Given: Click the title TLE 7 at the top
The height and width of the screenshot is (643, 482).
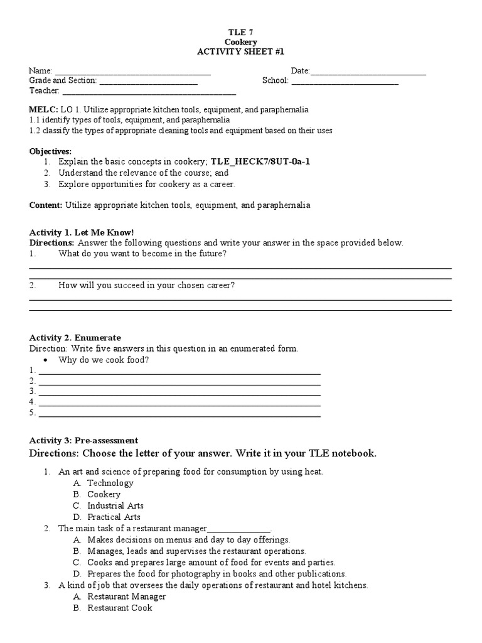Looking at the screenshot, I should (x=241, y=31).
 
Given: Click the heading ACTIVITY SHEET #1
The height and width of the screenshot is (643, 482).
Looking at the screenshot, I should (x=241, y=51).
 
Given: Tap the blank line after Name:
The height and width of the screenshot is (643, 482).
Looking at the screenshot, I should (x=132, y=72).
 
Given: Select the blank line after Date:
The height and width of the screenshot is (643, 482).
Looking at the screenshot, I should (x=368, y=72).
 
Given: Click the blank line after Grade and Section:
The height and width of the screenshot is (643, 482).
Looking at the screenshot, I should (x=148, y=81).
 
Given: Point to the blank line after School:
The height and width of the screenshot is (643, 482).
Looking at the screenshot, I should (x=345, y=81).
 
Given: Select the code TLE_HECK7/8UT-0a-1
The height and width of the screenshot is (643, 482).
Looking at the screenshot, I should (x=260, y=162).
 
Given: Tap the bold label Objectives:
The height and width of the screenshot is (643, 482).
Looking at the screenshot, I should (x=51, y=151).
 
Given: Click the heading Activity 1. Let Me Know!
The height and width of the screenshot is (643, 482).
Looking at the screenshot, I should (x=82, y=232).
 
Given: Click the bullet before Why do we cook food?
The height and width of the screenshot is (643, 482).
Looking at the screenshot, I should (x=46, y=360).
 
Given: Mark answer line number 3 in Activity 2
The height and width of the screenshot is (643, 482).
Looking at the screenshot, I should (x=179, y=392).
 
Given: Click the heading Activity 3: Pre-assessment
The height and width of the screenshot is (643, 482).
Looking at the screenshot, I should (x=84, y=441).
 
